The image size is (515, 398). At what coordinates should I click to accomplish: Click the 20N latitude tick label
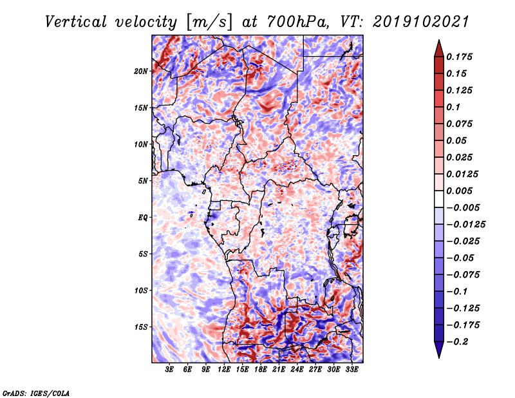[141, 71]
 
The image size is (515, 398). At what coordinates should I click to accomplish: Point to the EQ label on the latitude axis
[143, 218]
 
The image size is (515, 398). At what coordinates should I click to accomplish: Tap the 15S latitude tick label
[141, 327]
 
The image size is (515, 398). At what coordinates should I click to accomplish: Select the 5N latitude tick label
[143, 181]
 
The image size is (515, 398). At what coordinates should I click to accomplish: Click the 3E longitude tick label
[169, 369]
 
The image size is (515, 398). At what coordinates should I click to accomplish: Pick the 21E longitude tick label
[279, 369]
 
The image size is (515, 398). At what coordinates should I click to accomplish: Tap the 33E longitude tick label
[351, 369]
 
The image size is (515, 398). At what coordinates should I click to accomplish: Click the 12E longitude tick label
[224, 369]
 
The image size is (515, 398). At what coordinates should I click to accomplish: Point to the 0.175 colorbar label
[459, 57]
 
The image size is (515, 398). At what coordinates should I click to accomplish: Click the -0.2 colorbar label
[457, 342]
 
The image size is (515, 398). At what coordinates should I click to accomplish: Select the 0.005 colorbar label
[459, 191]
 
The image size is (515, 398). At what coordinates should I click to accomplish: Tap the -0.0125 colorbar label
[465, 225]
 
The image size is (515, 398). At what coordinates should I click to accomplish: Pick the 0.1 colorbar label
[453, 107]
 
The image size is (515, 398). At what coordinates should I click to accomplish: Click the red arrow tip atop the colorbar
[439, 40]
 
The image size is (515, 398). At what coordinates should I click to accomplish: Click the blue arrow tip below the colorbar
[439, 358]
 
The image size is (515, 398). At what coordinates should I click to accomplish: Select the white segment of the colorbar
[439, 199]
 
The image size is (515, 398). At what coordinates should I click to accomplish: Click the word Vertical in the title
[76, 22]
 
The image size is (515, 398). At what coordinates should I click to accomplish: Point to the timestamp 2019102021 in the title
[421, 22]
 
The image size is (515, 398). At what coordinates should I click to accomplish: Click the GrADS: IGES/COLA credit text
[36, 393]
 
